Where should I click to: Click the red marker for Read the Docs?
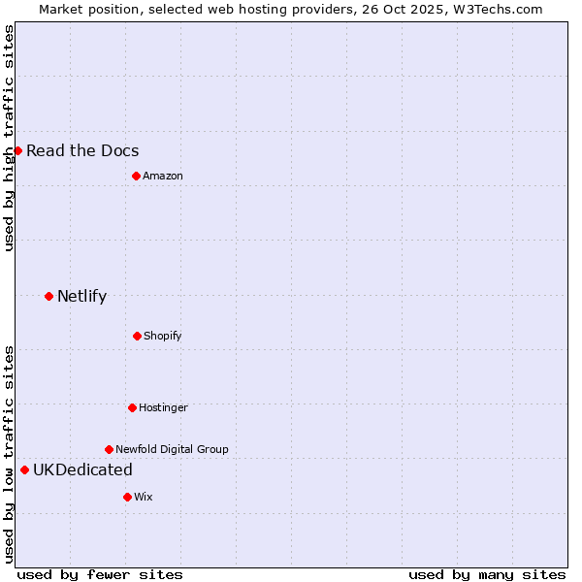pyautogui.click(x=17, y=150)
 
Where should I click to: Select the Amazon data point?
pyautogui.click(x=136, y=176)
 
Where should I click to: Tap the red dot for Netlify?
pyautogui.click(x=48, y=296)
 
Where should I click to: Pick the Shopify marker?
pyautogui.click(x=137, y=336)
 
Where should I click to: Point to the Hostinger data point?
pyautogui.click(x=132, y=407)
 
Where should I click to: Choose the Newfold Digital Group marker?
pyautogui.click(x=109, y=449)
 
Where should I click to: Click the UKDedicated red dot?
pyautogui.click(x=24, y=469)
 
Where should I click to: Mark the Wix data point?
pyautogui.click(x=127, y=497)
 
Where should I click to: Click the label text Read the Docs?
pyautogui.click(x=82, y=150)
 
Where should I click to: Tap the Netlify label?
pyautogui.click(x=81, y=296)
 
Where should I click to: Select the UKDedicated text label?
pyautogui.click(x=82, y=469)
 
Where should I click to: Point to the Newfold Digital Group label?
pyautogui.click(x=172, y=449)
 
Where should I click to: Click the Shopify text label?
pyautogui.click(x=162, y=336)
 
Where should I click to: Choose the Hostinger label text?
pyautogui.click(x=163, y=407)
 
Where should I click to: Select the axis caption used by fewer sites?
pyautogui.click(x=100, y=574)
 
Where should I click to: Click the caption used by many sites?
pyautogui.click(x=487, y=574)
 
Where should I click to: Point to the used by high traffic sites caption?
pyautogui.click(x=9, y=138)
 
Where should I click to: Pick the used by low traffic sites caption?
pyautogui.click(x=9, y=454)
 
